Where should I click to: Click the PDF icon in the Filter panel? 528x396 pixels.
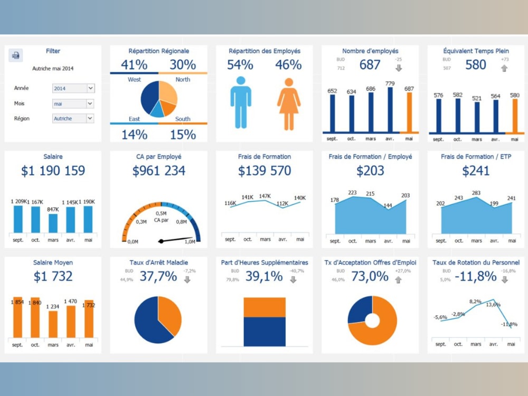tap(15, 55)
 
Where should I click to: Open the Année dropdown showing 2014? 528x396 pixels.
tap(73, 89)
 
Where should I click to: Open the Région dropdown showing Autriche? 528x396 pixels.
tap(73, 119)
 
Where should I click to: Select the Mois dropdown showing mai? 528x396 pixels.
tap(73, 104)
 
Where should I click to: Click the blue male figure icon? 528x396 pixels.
tap(241, 103)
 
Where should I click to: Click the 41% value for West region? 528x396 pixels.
tap(134, 65)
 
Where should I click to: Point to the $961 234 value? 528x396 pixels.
tap(159, 171)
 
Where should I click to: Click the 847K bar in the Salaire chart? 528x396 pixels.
tap(53, 223)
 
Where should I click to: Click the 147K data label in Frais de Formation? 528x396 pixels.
tap(265, 196)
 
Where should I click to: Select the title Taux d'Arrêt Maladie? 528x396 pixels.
tap(159, 262)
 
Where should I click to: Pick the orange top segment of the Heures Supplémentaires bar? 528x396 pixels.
tap(265, 307)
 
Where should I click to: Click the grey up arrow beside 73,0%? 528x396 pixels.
tap(398, 280)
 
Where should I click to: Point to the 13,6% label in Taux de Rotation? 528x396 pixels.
tap(493, 305)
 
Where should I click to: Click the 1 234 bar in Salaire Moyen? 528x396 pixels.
tap(53, 324)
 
